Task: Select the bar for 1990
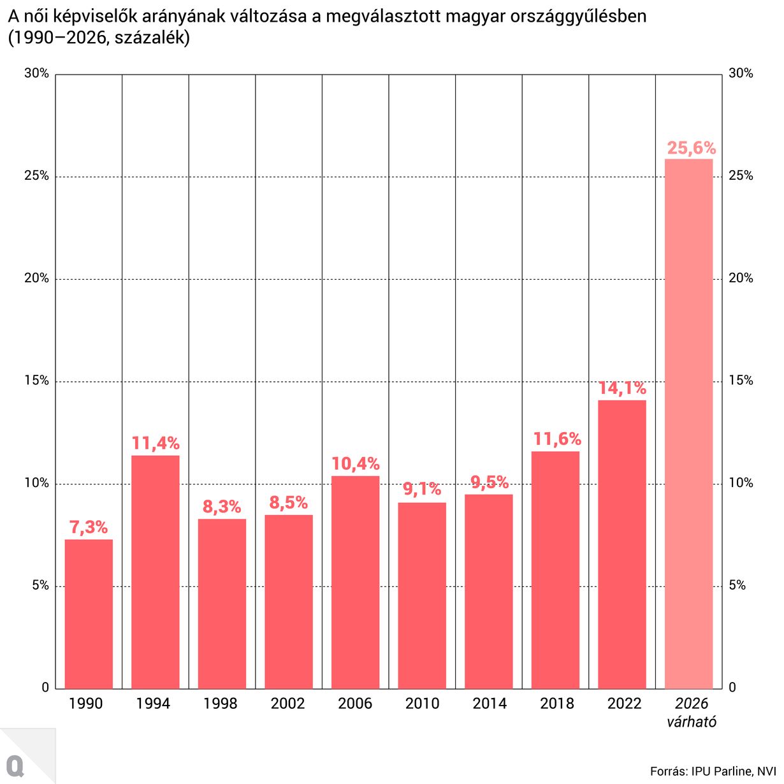click(x=89, y=614)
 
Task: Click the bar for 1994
click(x=156, y=572)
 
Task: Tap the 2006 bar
click(x=355, y=582)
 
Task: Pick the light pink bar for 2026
click(x=688, y=424)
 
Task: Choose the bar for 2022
click(x=622, y=544)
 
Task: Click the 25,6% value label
click(x=691, y=149)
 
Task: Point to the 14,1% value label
click(x=622, y=388)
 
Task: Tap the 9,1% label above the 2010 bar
click(x=422, y=490)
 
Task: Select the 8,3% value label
click(x=222, y=507)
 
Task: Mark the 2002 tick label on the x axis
click(x=287, y=704)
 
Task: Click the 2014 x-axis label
click(x=490, y=704)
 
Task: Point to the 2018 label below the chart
click(x=556, y=704)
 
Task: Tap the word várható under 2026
click(x=692, y=722)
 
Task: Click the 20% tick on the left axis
click(x=37, y=279)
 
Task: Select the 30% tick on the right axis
click(x=741, y=73)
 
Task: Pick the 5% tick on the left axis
click(x=40, y=586)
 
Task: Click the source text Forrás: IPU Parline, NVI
click(x=713, y=771)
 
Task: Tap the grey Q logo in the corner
click(x=15, y=766)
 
